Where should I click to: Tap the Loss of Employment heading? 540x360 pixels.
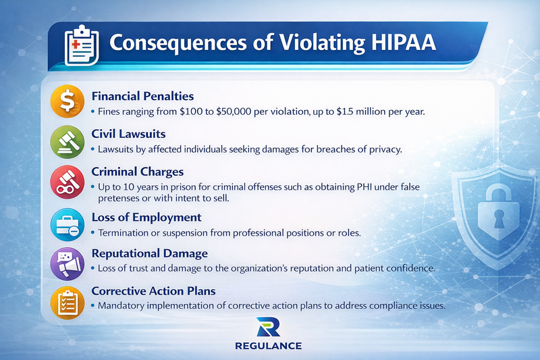146,217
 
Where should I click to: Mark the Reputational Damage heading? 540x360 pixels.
150,253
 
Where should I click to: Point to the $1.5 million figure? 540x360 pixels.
354,111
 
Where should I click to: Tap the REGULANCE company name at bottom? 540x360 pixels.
269,346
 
